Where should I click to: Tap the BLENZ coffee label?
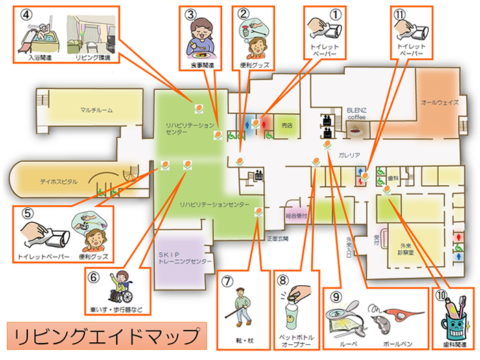click(x=357, y=113)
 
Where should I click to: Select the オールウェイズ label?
click(x=439, y=101)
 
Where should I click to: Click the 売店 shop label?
click(x=287, y=125)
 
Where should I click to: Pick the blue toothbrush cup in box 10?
click(x=454, y=318)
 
